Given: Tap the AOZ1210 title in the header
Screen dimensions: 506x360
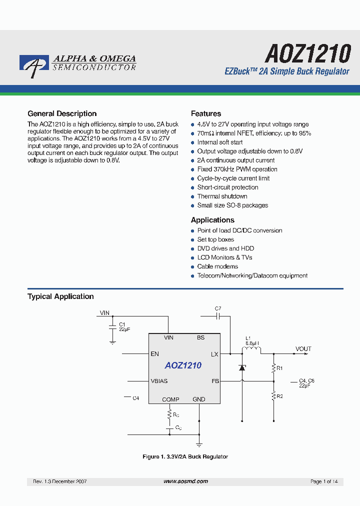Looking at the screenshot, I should (x=307, y=52).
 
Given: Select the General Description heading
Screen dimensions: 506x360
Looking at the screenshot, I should (x=62, y=113).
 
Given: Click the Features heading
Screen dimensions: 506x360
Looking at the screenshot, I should (x=206, y=113).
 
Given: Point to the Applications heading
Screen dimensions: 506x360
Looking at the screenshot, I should (x=212, y=220).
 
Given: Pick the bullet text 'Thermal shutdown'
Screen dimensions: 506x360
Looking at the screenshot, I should (x=222, y=196).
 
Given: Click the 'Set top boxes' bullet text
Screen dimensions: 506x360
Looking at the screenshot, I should (x=215, y=239).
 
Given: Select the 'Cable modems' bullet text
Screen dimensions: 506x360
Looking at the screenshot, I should (x=217, y=266).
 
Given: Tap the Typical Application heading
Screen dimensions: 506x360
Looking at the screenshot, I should (x=60, y=296).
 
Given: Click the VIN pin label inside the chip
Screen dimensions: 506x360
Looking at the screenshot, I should (x=168, y=337).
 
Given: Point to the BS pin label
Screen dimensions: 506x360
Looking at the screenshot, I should (x=200, y=337).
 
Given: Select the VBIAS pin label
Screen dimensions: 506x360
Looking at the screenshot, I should (x=159, y=381).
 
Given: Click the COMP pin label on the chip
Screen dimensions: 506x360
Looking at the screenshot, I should (x=170, y=399).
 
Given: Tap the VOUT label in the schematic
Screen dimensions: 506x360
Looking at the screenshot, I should (x=303, y=348).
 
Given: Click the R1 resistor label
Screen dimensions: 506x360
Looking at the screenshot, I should (x=280, y=368).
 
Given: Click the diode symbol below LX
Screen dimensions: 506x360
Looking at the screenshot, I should (x=242, y=367).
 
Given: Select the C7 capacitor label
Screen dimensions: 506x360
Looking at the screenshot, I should (x=218, y=308).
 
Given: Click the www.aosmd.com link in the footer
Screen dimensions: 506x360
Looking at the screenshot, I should (x=185, y=481).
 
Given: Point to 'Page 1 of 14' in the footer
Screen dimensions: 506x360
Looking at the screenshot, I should (x=324, y=481).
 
